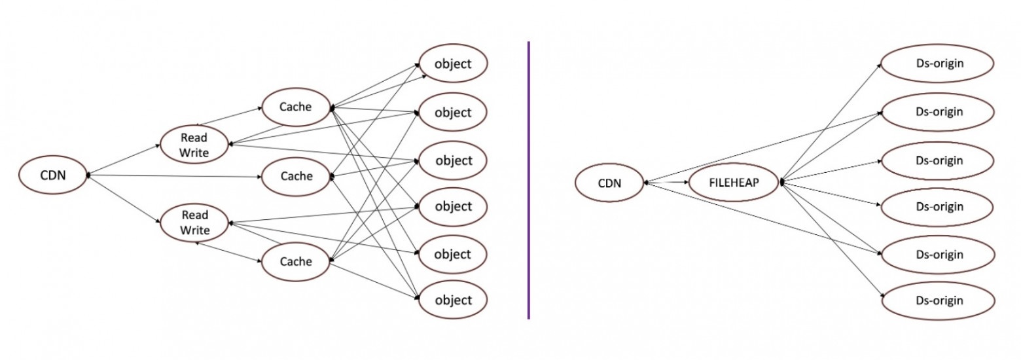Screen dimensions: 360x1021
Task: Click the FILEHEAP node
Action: click(x=734, y=183)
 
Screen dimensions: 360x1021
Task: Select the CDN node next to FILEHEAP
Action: click(x=609, y=183)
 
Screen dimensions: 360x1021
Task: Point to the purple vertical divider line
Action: click(x=528, y=180)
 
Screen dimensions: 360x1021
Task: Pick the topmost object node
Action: click(x=453, y=63)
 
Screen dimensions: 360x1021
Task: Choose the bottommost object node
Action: click(x=453, y=300)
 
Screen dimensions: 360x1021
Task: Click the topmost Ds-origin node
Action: click(x=939, y=63)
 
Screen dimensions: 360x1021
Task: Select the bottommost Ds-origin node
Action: click(x=939, y=300)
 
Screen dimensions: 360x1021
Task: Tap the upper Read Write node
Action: click(x=194, y=144)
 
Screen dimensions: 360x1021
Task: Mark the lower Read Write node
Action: click(x=194, y=223)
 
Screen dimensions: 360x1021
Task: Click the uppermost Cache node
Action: click(x=296, y=106)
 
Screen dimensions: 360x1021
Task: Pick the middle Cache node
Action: click(x=296, y=176)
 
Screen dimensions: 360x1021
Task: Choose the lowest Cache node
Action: click(x=296, y=261)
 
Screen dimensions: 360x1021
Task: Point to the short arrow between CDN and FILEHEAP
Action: click(x=668, y=183)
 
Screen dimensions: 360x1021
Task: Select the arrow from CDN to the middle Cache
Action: click(x=177, y=175)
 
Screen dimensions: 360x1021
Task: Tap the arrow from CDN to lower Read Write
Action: click(x=124, y=199)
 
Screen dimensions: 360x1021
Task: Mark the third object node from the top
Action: click(x=453, y=160)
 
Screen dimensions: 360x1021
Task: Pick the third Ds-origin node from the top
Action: click(x=939, y=160)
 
